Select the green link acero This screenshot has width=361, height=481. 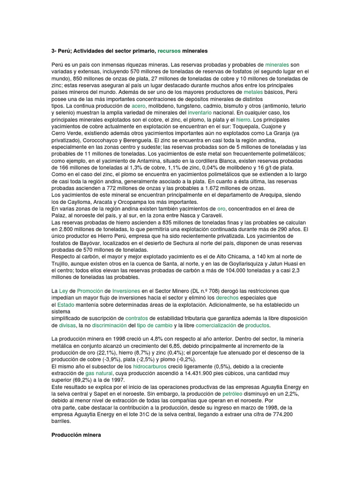click(140, 106)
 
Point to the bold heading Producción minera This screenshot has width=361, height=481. click(76, 435)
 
